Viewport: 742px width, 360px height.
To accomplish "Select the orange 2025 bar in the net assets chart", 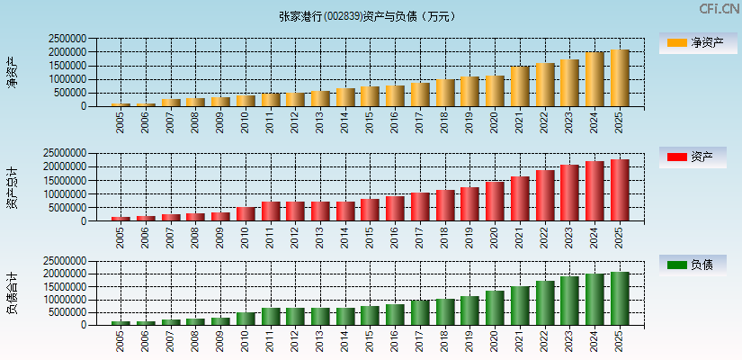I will [x=620, y=78].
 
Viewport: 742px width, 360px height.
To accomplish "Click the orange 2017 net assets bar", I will [x=420, y=94].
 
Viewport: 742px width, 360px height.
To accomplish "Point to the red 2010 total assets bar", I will [x=246, y=214].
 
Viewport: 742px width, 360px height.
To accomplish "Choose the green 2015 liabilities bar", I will [x=371, y=316].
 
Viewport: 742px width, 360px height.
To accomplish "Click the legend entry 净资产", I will [x=693, y=42].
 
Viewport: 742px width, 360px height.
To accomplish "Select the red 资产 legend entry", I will [x=693, y=157].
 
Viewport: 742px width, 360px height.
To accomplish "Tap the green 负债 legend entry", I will [x=693, y=265].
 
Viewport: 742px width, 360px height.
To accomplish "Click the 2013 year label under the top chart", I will [x=320, y=122].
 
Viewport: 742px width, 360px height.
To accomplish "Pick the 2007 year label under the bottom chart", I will [x=171, y=341].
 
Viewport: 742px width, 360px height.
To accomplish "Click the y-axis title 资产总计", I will [x=13, y=187].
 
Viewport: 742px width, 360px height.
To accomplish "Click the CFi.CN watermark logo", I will [x=719, y=9].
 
